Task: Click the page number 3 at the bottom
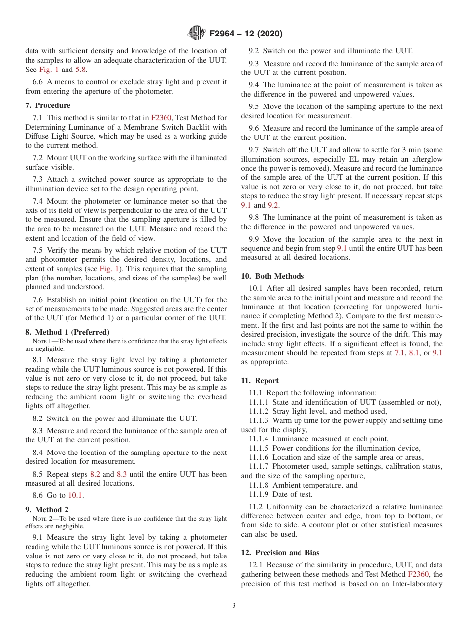point(234,605)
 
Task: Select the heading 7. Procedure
point(48,105)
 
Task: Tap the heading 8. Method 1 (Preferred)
point(67,332)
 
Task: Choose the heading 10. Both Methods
point(272,276)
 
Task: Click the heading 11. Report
point(260,381)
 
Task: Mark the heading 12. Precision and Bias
point(280,553)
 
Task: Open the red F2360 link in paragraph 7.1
point(161,118)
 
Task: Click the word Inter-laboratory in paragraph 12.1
point(415,584)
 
